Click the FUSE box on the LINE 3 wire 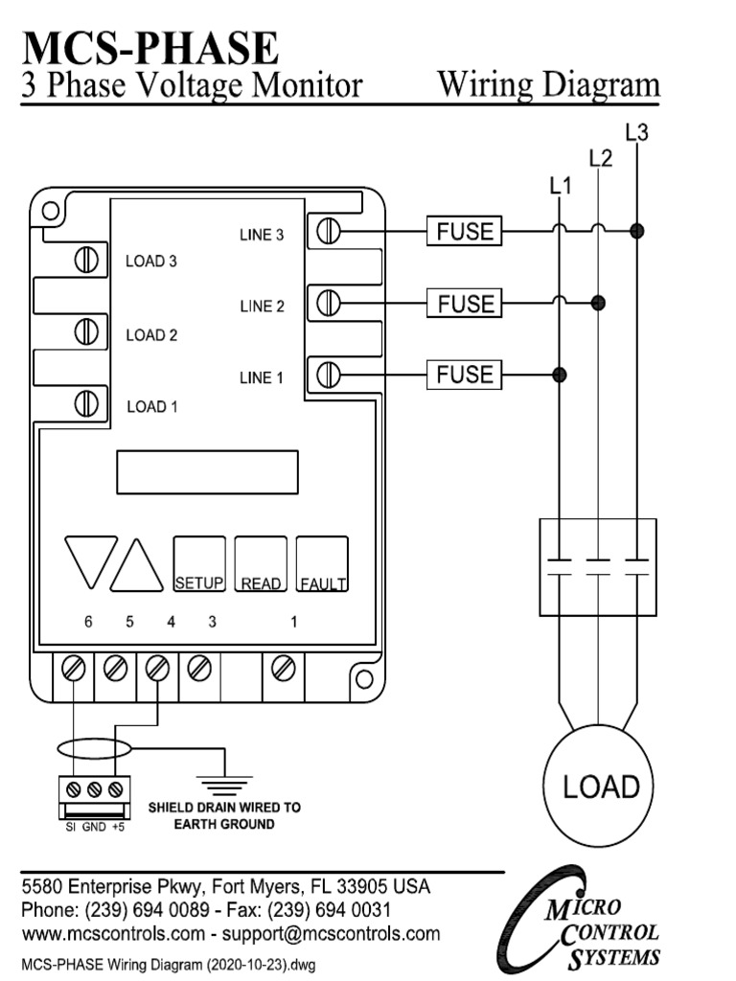465,231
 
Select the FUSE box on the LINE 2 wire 465,304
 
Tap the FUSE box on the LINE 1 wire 465,374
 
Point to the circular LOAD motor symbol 600,787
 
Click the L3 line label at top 636,133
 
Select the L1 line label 561,188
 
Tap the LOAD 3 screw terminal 88,260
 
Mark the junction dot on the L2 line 599,304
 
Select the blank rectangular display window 207,472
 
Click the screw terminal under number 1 283,668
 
